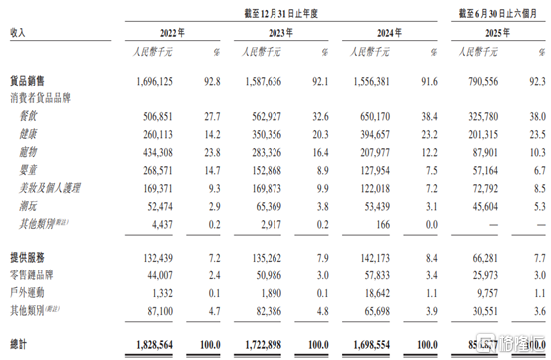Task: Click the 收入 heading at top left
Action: click(18, 32)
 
